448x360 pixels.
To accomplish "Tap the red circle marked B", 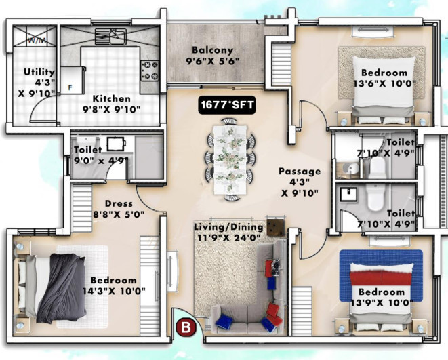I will (184, 327).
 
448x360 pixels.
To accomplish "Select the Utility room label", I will (34, 71).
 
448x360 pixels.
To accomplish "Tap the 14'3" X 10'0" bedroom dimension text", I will (115, 291).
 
